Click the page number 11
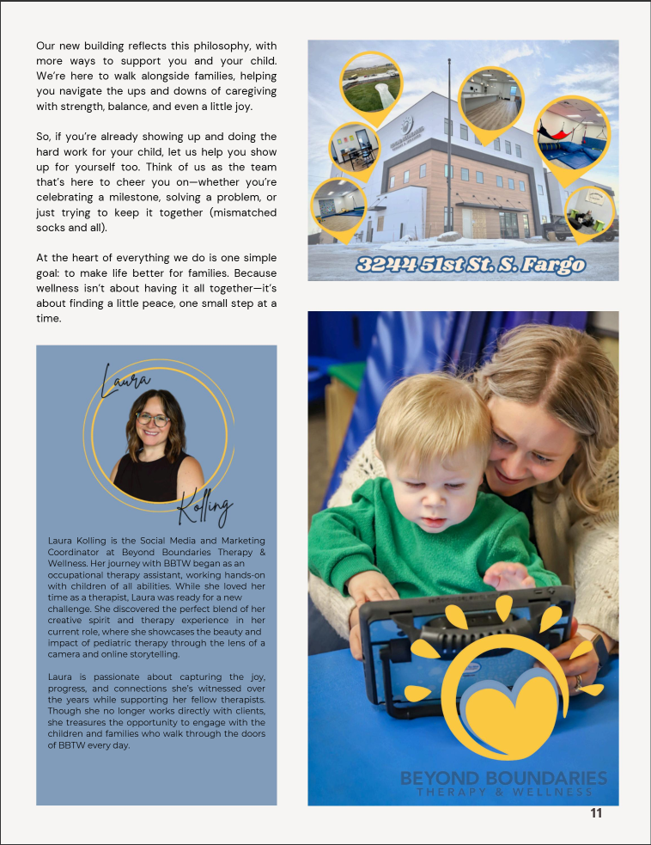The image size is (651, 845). click(x=596, y=813)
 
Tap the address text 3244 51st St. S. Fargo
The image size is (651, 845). click(x=471, y=264)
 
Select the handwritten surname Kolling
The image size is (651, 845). click(x=204, y=510)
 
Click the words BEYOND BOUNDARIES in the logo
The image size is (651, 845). click(x=503, y=778)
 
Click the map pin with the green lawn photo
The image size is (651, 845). click(x=371, y=83)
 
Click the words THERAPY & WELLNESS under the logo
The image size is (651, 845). click(x=504, y=792)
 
